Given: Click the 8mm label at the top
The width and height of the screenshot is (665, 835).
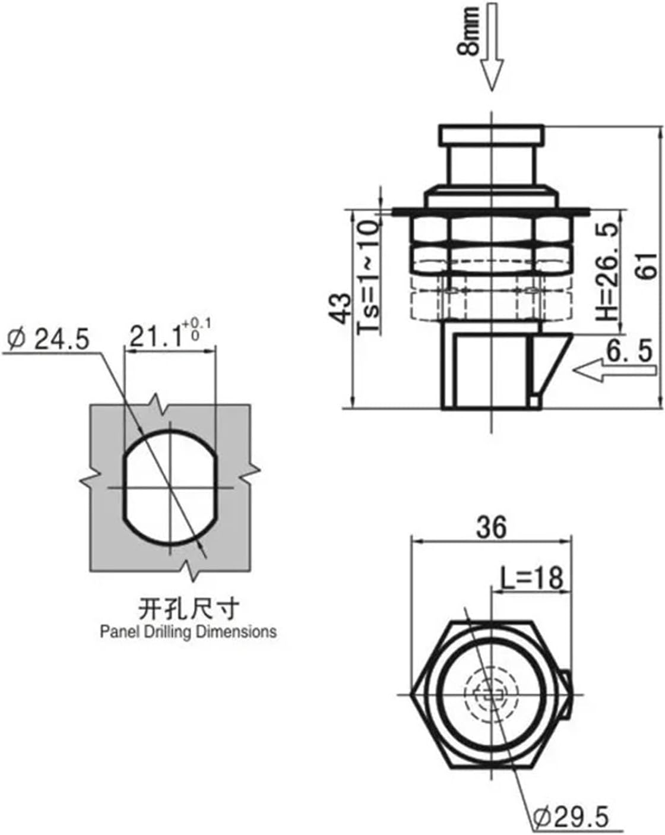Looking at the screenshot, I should [x=468, y=31].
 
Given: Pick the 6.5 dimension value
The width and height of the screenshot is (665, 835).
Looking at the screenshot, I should [x=628, y=352].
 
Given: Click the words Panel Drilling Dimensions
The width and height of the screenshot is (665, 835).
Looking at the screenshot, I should [x=188, y=631].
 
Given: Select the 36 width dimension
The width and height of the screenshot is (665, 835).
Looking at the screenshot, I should [x=492, y=527].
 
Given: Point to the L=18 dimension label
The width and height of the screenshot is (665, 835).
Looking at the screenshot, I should [x=530, y=578].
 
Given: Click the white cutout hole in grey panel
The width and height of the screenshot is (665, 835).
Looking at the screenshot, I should [x=170, y=488].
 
